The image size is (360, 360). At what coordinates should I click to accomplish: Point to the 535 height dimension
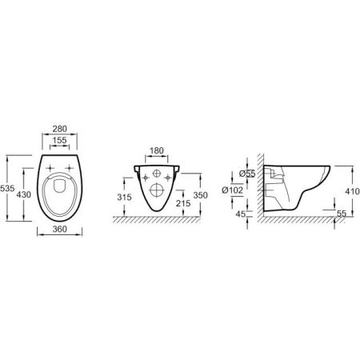tap(7, 189)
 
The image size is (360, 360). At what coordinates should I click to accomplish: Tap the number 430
tap(26, 195)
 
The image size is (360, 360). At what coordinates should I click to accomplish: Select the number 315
tap(123, 198)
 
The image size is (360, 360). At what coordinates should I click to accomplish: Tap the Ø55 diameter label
tap(246, 173)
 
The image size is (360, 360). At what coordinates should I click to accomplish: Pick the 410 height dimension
tap(350, 192)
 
